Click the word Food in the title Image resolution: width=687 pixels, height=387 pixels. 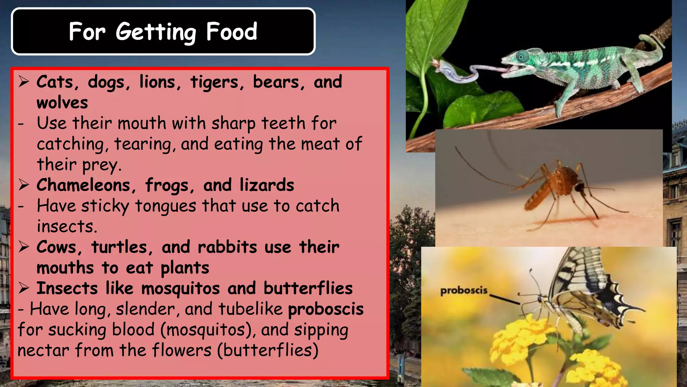[x=231, y=32]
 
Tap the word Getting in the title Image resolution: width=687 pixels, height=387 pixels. [x=156, y=32]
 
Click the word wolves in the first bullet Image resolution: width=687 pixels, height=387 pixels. [x=62, y=103]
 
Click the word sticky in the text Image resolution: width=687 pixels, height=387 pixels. [x=105, y=206]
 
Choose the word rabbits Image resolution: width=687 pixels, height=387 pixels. [x=227, y=247]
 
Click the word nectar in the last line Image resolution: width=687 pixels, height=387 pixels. [x=43, y=350]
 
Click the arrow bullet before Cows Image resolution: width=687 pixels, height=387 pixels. [x=24, y=247]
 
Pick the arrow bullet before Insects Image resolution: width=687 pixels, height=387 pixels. [x=24, y=288]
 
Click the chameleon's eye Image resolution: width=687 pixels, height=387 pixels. [x=522, y=56]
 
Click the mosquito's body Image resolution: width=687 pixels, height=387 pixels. [x=550, y=185]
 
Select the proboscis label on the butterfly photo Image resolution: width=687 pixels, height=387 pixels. [x=464, y=290]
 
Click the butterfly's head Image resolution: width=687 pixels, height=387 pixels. [x=541, y=299]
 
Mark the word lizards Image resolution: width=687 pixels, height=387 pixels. [x=267, y=185]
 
